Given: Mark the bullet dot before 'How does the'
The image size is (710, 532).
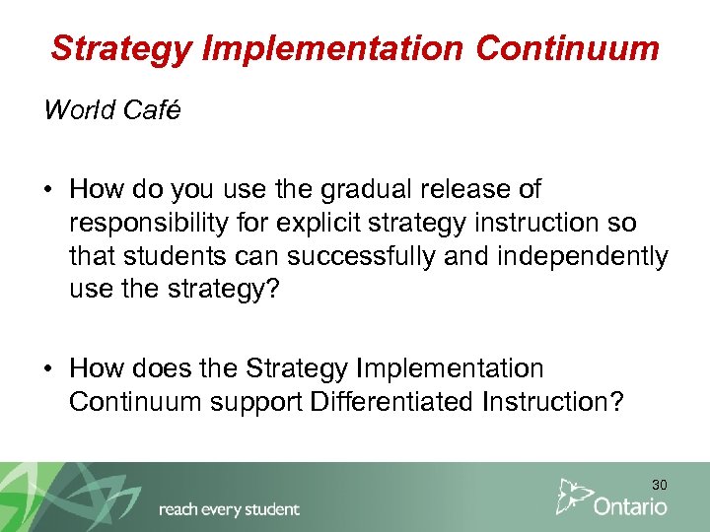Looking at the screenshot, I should (x=49, y=369).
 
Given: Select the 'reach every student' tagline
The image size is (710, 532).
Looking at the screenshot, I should (x=229, y=509).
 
